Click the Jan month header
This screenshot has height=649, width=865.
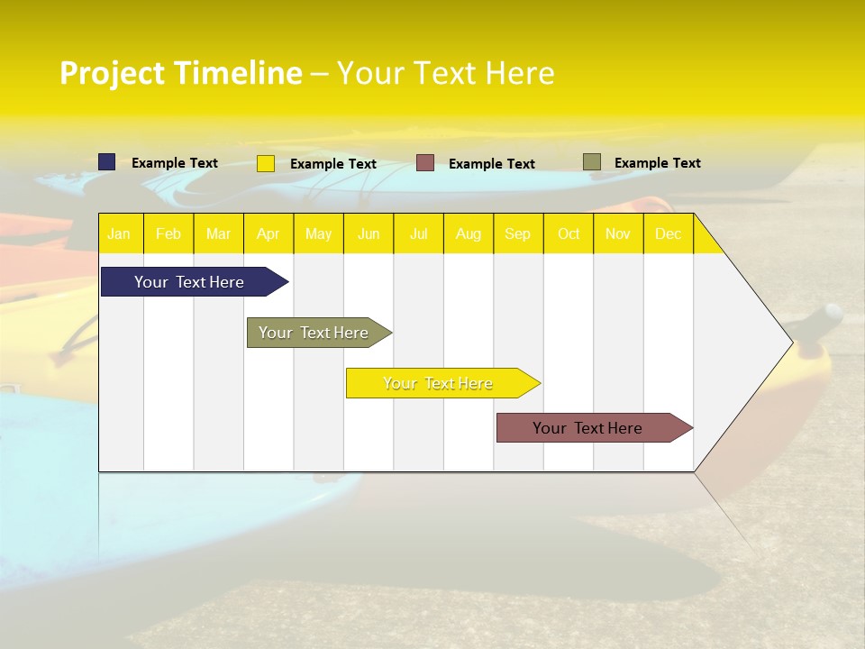[120, 233]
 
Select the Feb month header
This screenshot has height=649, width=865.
[168, 233]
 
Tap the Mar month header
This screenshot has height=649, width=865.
[218, 233]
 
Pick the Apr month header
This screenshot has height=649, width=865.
[269, 233]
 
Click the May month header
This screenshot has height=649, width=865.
[318, 233]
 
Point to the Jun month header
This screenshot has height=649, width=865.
[369, 233]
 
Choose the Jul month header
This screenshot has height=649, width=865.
[418, 233]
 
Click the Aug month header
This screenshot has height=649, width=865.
[469, 233]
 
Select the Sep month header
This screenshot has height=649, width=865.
[518, 233]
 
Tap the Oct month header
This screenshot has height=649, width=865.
[569, 233]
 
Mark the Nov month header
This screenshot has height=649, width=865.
[618, 233]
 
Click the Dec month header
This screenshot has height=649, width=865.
[669, 233]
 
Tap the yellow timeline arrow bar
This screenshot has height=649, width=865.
[439, 383]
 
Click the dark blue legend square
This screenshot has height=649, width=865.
[107, 162]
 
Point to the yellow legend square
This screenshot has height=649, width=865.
[266, 163]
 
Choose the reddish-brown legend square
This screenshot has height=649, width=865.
[425, 162]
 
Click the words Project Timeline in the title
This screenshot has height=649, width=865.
[181, 73]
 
